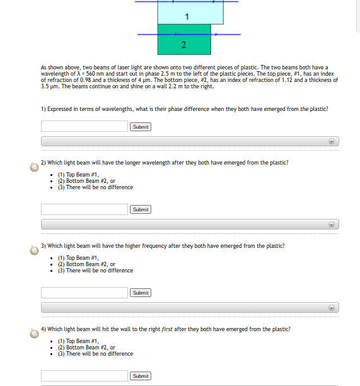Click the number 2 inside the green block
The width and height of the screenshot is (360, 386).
click(x=183, y=44)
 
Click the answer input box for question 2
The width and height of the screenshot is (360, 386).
click(x=84, y=209)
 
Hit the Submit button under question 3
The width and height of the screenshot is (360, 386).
click(x=141, y=293)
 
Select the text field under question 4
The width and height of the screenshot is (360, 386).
click(x=84, y=376)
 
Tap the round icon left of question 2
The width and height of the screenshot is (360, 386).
click(x=34, y=167)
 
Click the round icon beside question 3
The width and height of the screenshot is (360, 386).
click(x=34, y=250)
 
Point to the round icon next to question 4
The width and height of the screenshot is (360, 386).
click(x=34, y=333)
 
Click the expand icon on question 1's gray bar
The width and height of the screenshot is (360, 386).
click(x=332, y=141)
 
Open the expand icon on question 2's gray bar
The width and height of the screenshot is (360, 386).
click(x=332, y=225)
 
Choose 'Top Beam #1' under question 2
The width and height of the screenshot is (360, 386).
click(x=78, y=175)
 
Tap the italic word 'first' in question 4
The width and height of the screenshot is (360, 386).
click(x=168, y=329)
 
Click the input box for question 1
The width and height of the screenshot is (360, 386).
click(x=84, y=126)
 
